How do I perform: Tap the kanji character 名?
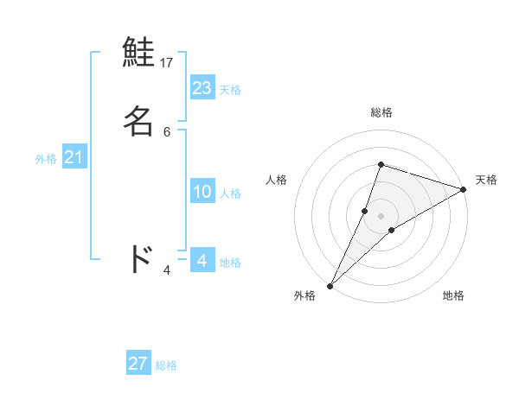(139, 121)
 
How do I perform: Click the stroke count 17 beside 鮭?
(167, 62)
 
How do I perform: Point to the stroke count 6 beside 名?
(167, 131)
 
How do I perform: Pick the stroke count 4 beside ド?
(167, 270)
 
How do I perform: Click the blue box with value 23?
(202, 88)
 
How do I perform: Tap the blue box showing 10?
(202, 192)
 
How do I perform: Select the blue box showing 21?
(74, 157)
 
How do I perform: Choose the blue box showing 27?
(138, 364)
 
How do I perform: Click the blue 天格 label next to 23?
(230, 90)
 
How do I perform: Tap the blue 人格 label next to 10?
(230, 193)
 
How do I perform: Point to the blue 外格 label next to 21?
(46, 159)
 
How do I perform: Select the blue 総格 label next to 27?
(166, 365)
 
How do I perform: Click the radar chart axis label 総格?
(381, 112)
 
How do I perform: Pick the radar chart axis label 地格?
(453, 295)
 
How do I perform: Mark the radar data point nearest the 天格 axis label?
(463, 190)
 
